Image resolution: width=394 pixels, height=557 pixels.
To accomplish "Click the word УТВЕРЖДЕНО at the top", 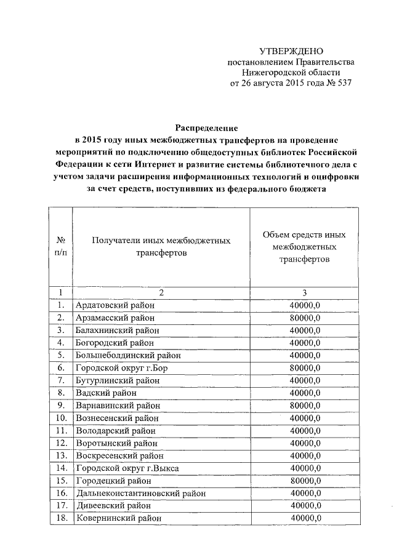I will (291, 51).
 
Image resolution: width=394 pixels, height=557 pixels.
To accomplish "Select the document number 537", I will (344, 82).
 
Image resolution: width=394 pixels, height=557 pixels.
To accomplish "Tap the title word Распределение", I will (206, 128).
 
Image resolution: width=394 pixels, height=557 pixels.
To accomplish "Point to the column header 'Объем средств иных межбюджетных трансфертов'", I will (304, 247).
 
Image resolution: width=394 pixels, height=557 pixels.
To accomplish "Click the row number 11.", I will (60, 431).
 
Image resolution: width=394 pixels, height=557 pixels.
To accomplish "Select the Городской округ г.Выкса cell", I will (127, 468).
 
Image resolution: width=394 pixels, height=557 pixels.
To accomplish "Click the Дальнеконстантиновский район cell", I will (140, 493).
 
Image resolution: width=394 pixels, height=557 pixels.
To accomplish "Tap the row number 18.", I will (60, 518).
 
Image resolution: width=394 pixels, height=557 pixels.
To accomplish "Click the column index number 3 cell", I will (304, 292).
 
